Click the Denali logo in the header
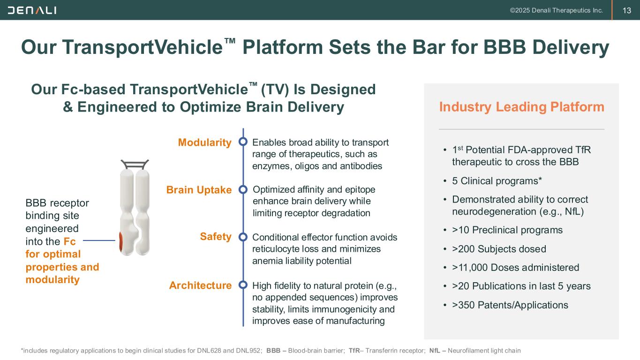tap(32, 10)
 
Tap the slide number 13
tap(626, 10)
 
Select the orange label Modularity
tap(205, 142)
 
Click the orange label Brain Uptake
tap(199, 190)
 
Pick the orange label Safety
tap(216, 237)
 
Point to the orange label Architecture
tap(201, 285)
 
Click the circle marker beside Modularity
tap(243, 142)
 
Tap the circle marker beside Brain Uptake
tap(243, 189)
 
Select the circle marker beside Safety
tap(243, 237)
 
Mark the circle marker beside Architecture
tap(243, 285)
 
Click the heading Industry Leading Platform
tap(521, 107)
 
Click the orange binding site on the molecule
tap(121, 241)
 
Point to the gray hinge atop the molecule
tap(135, 164)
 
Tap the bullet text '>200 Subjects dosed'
tap(499, 249)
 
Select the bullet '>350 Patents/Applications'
tap(510, 305)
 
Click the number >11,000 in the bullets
tap(469, 268)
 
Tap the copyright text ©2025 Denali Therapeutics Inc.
tap(557, 10)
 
